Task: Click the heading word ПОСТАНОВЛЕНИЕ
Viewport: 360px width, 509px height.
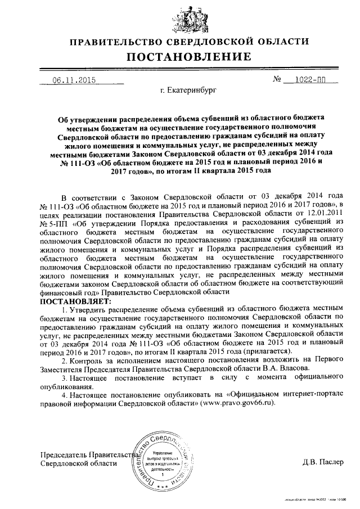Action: click(x=188, y=57)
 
